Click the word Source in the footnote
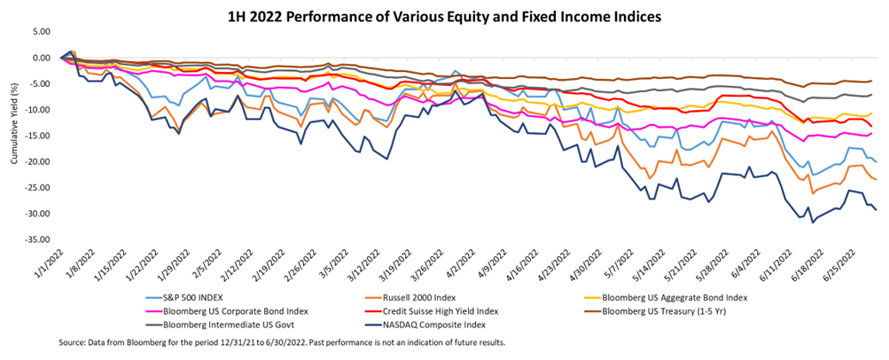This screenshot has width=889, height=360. (73, 341)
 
